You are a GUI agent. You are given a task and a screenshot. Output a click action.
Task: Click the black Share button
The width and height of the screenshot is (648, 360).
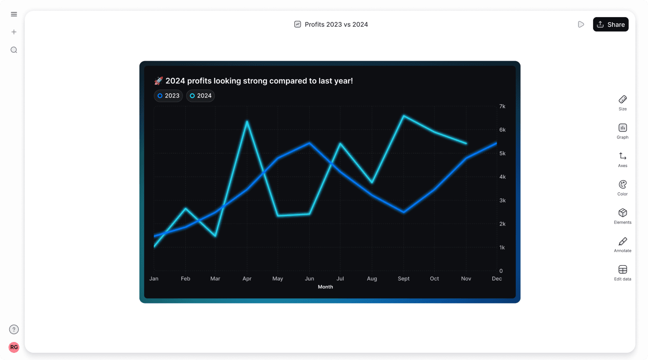[610, 24]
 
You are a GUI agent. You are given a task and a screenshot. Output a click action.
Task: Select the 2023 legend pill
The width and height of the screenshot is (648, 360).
[168, 96]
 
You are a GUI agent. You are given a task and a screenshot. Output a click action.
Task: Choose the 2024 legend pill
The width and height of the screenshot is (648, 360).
[201, 96]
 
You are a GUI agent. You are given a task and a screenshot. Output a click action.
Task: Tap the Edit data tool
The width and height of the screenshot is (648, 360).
[622, 273]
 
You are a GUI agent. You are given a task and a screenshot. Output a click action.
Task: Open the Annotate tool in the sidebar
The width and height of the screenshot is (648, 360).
[622, 244]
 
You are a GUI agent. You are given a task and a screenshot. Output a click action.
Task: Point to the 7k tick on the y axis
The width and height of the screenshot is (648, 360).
[502, 106]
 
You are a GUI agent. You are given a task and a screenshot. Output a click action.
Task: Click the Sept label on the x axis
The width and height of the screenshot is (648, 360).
[404, 279]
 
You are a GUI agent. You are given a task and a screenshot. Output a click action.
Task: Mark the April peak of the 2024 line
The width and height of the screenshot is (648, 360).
[247, 121]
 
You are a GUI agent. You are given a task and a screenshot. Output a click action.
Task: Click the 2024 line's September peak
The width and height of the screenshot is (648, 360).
[404, 116]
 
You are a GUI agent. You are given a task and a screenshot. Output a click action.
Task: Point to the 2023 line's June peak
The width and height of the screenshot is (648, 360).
[309, 143]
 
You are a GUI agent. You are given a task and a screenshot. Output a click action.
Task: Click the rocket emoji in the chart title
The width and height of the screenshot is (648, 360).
[159, 81]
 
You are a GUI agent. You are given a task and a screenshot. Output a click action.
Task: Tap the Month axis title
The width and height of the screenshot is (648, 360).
[325, 287]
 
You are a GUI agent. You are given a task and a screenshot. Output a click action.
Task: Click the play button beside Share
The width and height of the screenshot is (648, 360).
[581, 24]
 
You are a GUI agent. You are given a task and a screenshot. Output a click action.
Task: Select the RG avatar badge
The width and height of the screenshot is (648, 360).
[14, 347]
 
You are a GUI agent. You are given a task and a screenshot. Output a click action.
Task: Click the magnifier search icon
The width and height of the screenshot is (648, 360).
[14, 50]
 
